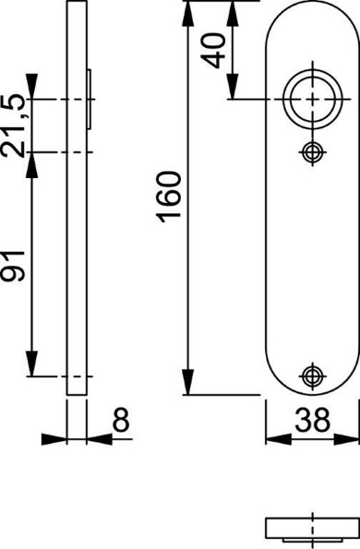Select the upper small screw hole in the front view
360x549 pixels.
312,151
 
